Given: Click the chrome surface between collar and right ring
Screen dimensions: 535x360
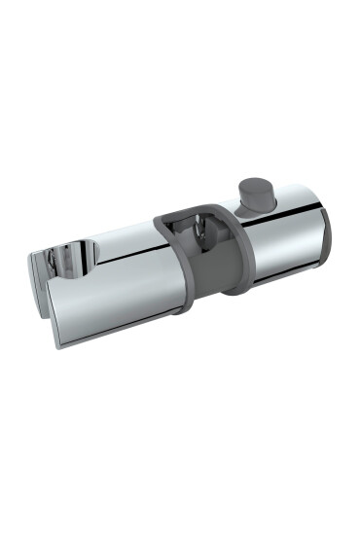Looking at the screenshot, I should click(277, 248).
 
